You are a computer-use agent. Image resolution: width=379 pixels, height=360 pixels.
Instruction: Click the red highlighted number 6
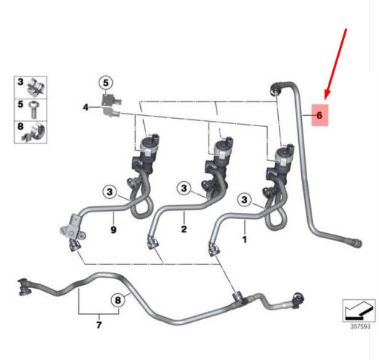(320, 115)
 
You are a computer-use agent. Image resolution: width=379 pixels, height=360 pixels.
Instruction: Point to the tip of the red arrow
(326, 99)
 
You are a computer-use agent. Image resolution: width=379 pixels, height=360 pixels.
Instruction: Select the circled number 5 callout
(105, 83)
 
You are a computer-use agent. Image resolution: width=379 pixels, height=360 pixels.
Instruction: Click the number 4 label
(85, 108)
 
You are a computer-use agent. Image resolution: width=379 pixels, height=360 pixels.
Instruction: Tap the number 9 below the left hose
(113, 230)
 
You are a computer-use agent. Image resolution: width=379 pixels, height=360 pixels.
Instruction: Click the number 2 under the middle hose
(184, 229)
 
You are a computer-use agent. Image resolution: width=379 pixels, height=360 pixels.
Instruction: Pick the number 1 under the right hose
(245, 240)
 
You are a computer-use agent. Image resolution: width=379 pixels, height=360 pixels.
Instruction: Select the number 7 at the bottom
(99, 324)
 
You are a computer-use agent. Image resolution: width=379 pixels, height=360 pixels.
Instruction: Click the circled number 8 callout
(118, 301)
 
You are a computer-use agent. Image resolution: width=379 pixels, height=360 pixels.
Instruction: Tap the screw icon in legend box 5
(33, 110)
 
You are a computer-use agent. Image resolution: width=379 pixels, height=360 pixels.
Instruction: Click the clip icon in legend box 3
(36, 88)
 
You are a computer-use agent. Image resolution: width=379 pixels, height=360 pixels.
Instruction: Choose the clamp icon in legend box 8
(34, 132)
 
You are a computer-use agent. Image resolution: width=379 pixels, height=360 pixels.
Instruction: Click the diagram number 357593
(360, 327)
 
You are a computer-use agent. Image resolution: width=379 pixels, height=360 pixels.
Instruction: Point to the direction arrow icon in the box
(359, 310)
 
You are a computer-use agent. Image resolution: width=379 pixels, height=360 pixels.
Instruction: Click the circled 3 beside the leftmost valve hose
(110, 192)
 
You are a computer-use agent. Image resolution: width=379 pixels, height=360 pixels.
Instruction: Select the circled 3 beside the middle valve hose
(184, 189)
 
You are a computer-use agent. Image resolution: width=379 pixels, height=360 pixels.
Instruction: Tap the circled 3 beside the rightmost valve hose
(244, 200)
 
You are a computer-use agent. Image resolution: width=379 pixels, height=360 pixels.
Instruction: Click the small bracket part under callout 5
(111, 105)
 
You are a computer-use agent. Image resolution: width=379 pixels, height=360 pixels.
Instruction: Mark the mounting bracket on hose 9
(73, 228)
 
